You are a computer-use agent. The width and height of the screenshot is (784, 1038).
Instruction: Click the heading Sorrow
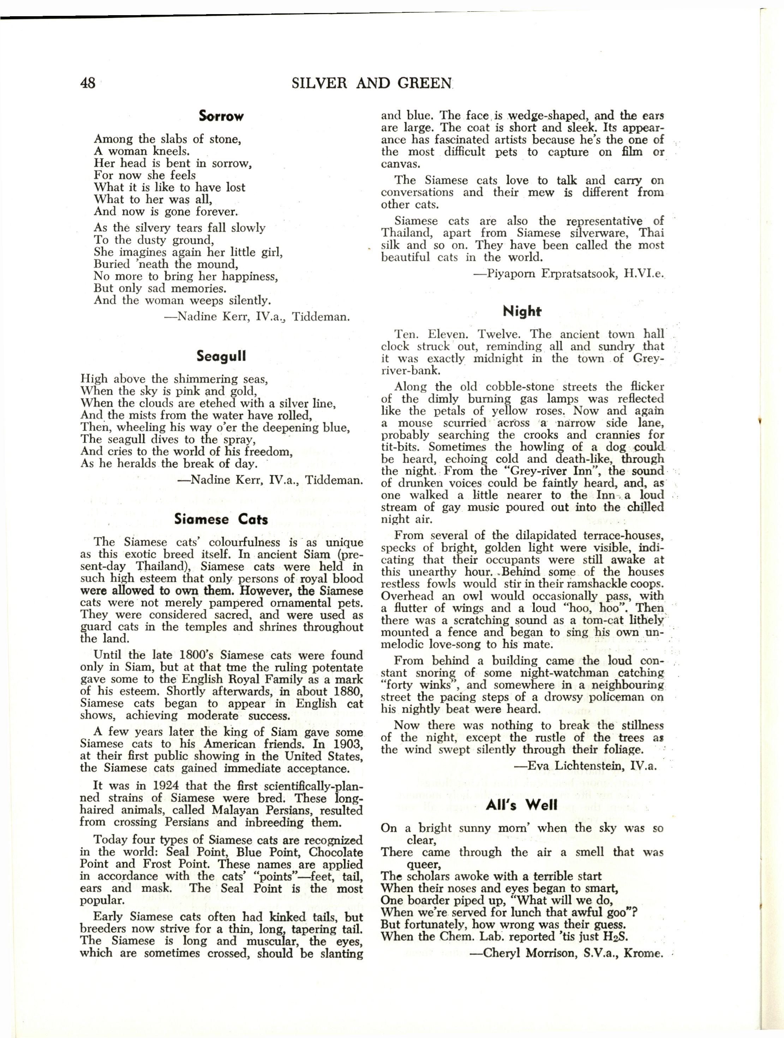[221, 116]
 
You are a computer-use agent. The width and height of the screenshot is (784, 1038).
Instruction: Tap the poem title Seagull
[221, 357]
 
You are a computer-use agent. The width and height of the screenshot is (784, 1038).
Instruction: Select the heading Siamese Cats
[221, 519]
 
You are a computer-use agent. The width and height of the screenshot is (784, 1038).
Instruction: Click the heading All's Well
[522, 805]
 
